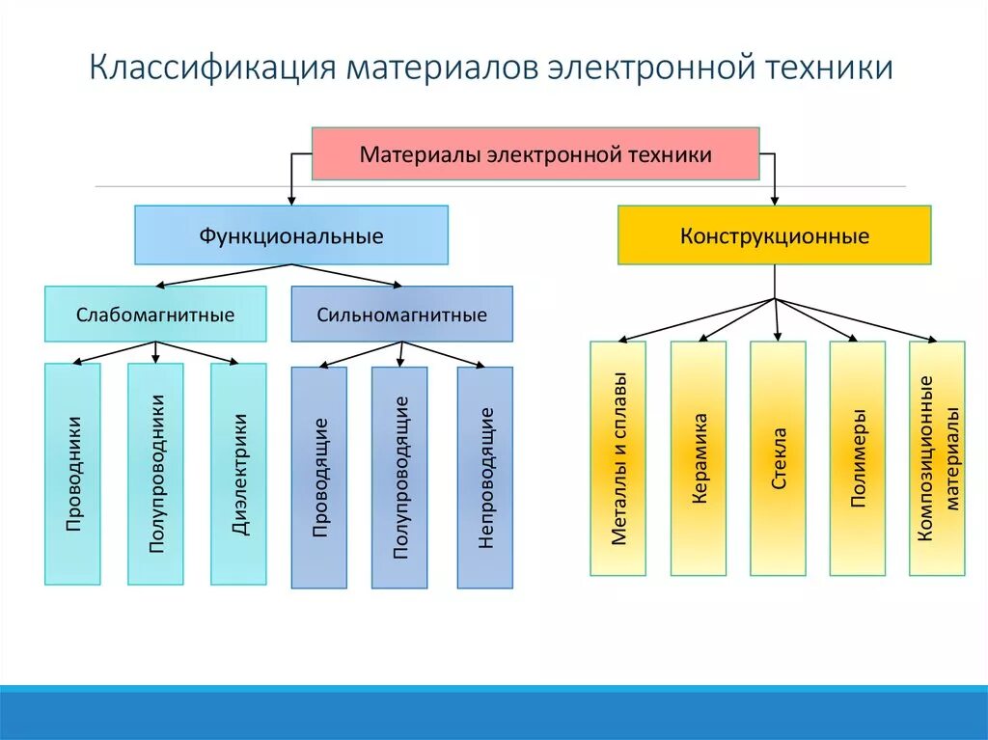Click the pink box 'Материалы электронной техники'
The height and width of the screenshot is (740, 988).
pyautogui.click(x=535, y=153)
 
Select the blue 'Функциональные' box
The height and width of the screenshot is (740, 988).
pyautogui.click(x=291, y=234)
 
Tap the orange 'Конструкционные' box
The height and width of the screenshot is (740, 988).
pyautogui.click(x=775, y=234)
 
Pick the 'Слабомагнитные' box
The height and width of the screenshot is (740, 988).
pyautogui.click(x=155, y=314)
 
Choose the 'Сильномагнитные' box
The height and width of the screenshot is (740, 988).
pyautogui.click(x=402, y=314)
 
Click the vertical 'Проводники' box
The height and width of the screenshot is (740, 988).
pyautogui.click(x=72, y=473)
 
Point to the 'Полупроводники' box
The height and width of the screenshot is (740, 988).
pyautogui.click(x=155, y=473)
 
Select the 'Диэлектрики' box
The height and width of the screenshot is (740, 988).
pyautogui.click(x=238, y=473)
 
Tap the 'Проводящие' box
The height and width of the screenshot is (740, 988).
pyautogui.click(x=319, y=477)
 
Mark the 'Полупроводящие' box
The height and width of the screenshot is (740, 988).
pyautogui.click(x=399, y=477)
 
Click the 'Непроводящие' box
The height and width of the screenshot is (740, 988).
pyautogui.click(x=485, y=477)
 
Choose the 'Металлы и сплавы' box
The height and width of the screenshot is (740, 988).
pyautogui.click(x=618, y=458)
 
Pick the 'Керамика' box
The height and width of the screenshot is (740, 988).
pyautogui.click(x=699, y=458)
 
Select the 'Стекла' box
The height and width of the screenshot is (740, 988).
pyautogui.click(x=778, y=458)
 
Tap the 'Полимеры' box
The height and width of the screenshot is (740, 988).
pyautogui.click(x=857, y=458)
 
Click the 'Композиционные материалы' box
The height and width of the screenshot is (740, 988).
pyautogui.click(x=937, y=458)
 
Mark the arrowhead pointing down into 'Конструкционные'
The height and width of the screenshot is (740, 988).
pyautogui.click(x=775, y=200)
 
